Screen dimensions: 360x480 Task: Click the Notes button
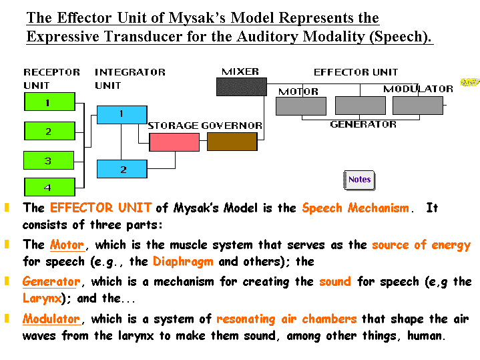[358, 180]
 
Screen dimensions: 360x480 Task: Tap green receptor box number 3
[49, 160]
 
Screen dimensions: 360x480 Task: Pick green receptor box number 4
[49, 187]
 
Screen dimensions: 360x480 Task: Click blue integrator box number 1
[122, 114]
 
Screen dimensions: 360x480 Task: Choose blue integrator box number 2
[122, 169]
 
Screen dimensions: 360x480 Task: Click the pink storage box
[174, 142]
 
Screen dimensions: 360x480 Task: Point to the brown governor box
[232, 142]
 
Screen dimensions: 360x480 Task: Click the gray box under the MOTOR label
[301, 106]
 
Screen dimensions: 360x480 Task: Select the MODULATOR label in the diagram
[418, 89]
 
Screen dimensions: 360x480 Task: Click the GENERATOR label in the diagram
[363, 124]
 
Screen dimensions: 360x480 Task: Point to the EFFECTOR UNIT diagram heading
[356, 72]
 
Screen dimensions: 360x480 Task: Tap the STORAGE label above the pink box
[173, 126]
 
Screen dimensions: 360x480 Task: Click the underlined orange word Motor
[67, 245]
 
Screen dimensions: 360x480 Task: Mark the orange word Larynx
[41, 299]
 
